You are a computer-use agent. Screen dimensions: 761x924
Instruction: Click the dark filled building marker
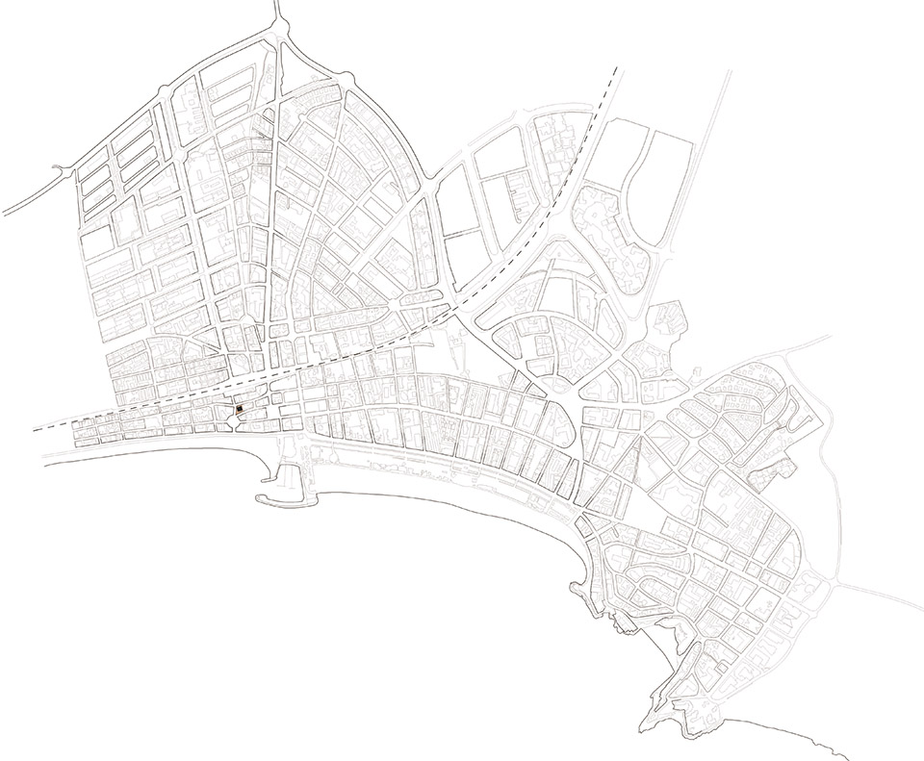coord(238,412)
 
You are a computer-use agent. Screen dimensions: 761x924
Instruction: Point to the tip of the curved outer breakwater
coord(258,499)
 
